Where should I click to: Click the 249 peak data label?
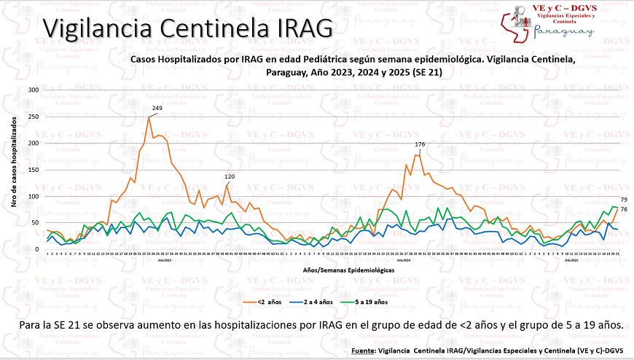point(157,109)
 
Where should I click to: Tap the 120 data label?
point(229,177)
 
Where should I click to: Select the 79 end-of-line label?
point(624,200)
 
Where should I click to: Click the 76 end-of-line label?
point(624,210)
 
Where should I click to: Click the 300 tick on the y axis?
point(34,90)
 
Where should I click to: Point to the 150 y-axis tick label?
point(34,170)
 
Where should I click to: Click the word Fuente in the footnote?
point(364,351)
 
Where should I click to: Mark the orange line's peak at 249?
point(149,117)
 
